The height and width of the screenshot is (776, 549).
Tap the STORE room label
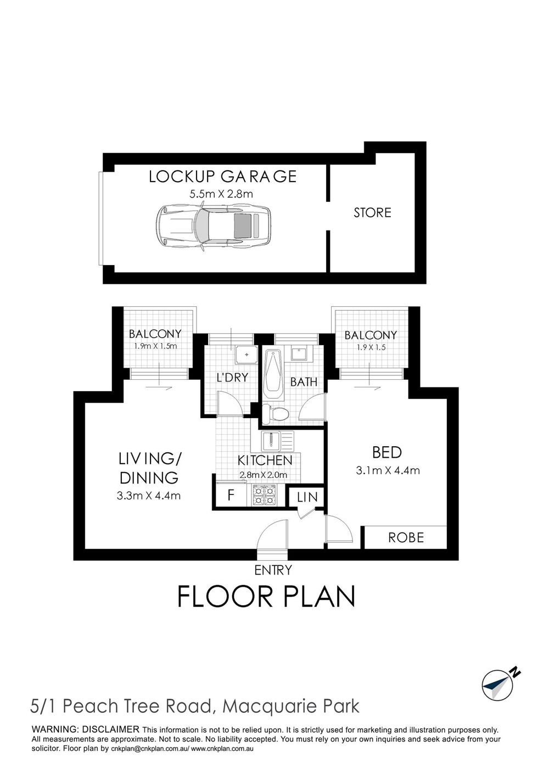(372, 212)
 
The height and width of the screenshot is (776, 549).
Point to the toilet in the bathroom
(275, 413)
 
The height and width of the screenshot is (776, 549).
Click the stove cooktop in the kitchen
(265, 496)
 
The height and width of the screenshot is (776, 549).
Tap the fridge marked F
(231, 495)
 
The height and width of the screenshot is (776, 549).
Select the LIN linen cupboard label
(307, 497)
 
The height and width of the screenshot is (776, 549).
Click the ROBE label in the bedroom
(406, 537)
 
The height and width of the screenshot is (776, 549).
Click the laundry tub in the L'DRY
(247, 355)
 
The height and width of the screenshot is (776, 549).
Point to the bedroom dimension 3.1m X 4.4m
(388, 470)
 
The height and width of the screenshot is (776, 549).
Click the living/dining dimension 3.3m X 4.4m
(149, 496)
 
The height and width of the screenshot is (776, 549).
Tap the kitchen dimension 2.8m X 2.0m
(264, 475)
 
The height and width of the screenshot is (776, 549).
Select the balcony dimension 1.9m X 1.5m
(155, 346)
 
